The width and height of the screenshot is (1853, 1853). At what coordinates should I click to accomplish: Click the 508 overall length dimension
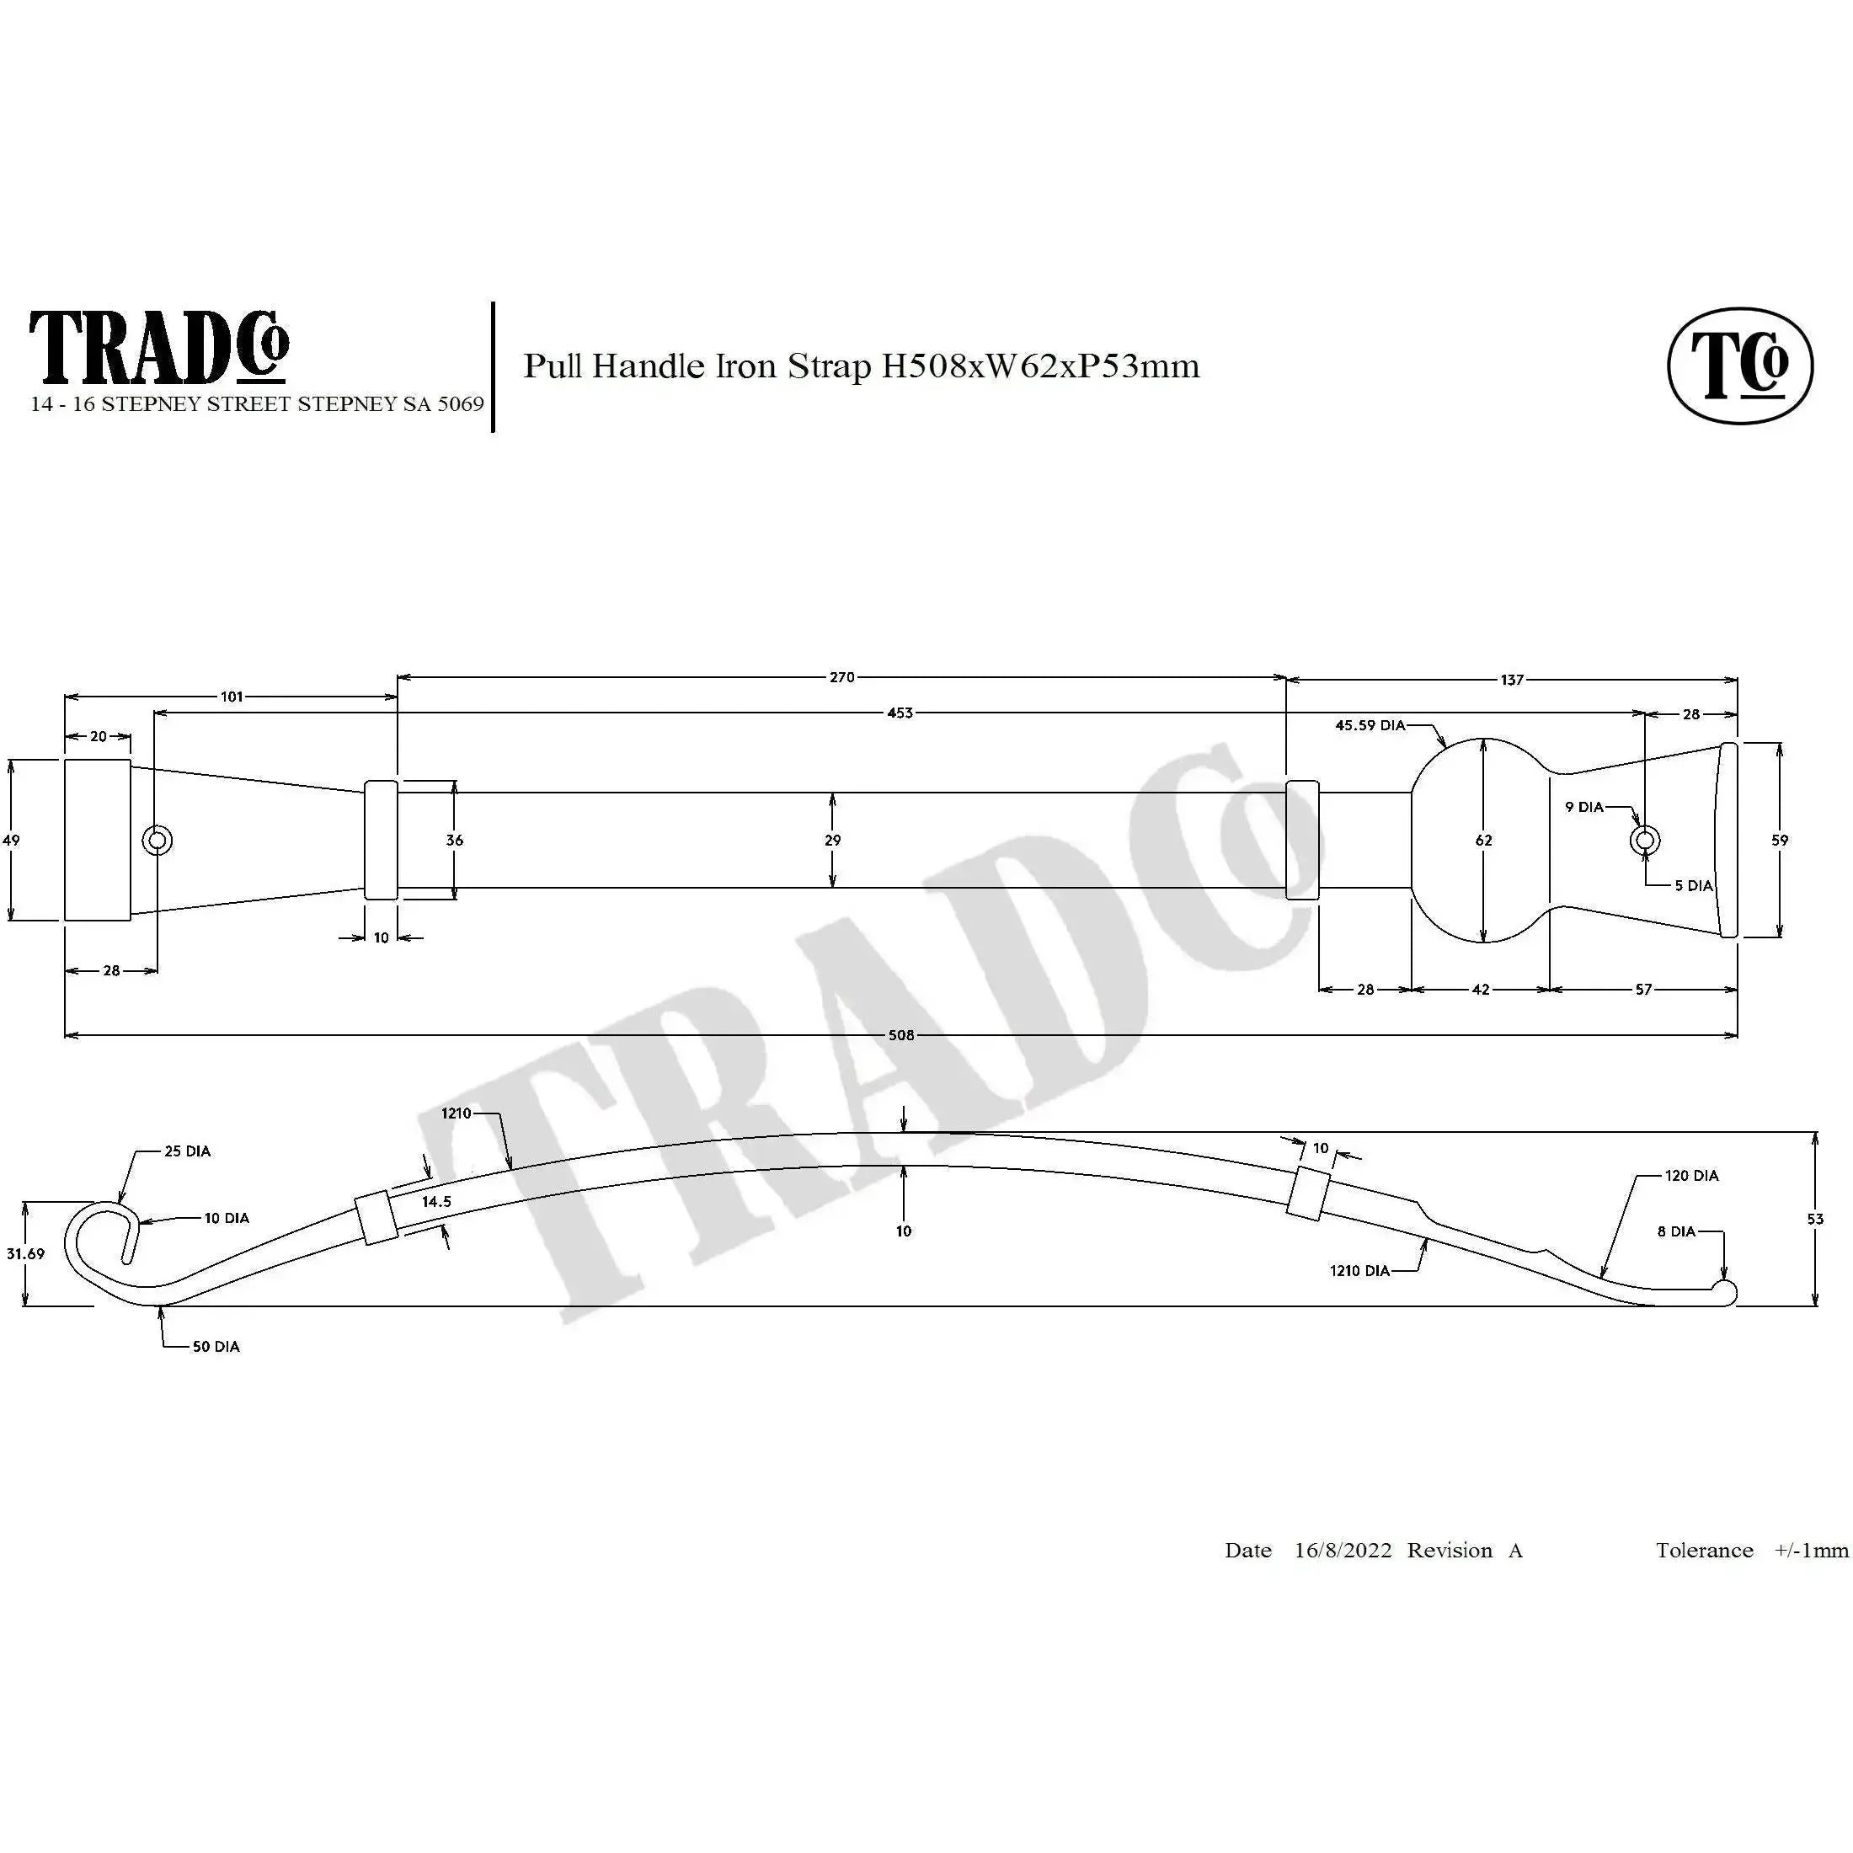(x=900, y=1035)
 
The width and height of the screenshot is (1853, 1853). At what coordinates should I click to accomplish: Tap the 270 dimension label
(x=841, y=677)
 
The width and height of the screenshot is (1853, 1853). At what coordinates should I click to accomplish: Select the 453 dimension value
(x=900, y=713)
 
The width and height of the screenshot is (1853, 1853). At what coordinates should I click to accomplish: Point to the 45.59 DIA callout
(x=1370, y=725)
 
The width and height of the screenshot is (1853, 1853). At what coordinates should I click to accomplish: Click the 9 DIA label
(x=1583, y=807)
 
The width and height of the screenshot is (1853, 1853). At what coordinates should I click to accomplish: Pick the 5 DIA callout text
(x=1693, y=885)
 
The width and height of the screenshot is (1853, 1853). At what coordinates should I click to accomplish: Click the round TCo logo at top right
(x=1740, y=366)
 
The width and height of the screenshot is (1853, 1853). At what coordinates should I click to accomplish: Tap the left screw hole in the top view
(x=158, y=841)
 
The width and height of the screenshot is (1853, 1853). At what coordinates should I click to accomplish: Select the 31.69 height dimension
(x=25, y=1253)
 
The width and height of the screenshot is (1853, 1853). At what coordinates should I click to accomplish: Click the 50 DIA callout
(x=216, y=1347)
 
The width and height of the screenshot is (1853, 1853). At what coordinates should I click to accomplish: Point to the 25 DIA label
(x=187, y=1151)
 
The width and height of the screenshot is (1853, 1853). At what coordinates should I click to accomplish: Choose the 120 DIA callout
(x=1691, y=1175)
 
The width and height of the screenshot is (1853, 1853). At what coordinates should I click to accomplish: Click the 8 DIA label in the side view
(x=1675, y=1231)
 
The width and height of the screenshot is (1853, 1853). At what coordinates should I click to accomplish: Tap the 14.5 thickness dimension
(x=436, y=1201)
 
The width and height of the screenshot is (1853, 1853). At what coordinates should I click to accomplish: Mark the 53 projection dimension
(x=1814, y=1219)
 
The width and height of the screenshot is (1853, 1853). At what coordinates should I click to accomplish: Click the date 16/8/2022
(x=1342, y=1551)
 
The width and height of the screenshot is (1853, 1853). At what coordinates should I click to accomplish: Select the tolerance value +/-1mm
(x=1811, y=1551)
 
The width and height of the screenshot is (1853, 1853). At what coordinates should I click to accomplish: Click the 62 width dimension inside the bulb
(x=1484, y=841)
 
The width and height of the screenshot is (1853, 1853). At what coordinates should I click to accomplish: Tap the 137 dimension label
(x=1512, y=680)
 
